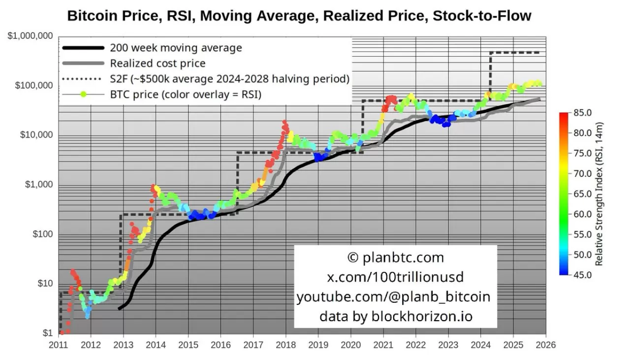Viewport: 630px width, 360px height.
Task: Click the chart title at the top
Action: pos(299,15)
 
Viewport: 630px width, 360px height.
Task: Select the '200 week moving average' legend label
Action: pos(176,48)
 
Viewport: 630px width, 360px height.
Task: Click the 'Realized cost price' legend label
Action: pos(157,63)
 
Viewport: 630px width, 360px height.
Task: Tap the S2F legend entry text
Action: pos(230,79)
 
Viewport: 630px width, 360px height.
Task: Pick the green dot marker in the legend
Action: pos(84,94)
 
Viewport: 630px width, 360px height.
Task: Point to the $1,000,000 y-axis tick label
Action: pos(31,36)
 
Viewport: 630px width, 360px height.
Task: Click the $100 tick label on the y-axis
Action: pos(42,234)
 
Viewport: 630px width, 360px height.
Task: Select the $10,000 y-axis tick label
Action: pos(36,135)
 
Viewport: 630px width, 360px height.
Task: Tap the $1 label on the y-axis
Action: pos(48,333)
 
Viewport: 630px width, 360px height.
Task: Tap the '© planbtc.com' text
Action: pos(395,257)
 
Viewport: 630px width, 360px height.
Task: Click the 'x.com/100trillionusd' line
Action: pos(395,277)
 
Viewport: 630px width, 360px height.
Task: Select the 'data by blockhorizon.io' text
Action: pos(395,316)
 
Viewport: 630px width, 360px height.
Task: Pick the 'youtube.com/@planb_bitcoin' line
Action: pos(394,296)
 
